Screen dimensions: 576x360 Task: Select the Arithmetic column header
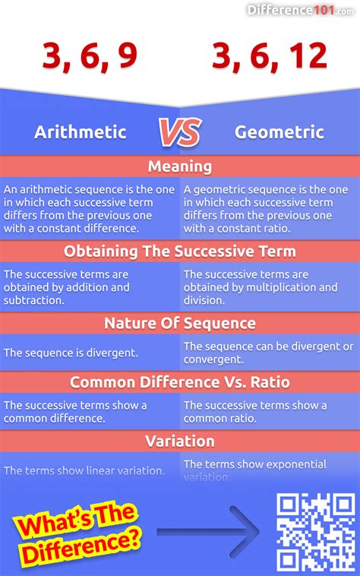(x=80, y=131)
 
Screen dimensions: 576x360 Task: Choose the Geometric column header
(x=279, y=131)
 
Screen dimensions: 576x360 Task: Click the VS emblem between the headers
(x=180, y=132)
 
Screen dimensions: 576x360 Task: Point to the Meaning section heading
(x=180, y=166)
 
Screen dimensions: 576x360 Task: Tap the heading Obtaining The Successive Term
(x=180, y=251)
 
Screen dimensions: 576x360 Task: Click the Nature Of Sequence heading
(x=180, y=324)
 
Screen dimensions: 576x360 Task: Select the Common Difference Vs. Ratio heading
(x=180, y=382)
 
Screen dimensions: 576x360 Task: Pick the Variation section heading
(x=180, y=441)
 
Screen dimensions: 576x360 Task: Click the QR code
(x=315, y=531)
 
